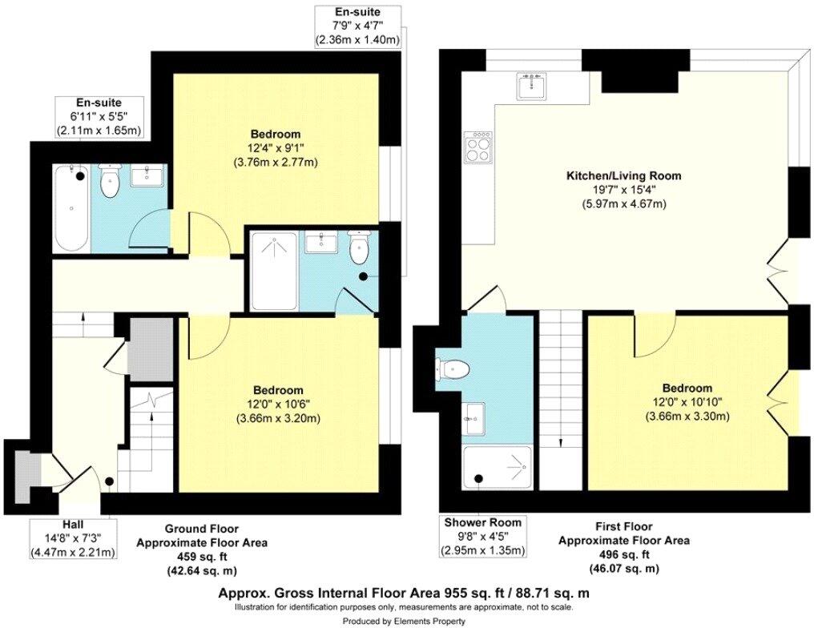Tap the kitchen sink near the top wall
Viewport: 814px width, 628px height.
click(533, 85)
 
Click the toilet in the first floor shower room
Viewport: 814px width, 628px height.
click(453, 369)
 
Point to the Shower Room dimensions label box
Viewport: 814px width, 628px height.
click(484, 536)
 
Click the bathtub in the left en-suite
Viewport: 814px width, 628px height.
click(70, 206)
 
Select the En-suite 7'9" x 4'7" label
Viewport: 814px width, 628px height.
click(357, 26)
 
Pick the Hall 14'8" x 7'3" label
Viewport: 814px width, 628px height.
click(73, 539)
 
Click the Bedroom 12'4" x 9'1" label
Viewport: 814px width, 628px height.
click(276, 148)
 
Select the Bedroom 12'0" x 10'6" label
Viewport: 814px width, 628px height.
click(276, 405)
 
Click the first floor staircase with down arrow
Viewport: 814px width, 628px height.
click(560, 401)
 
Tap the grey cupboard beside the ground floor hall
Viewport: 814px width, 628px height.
click(151, 349)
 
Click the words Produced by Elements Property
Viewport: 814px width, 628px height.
click(405, 621)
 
